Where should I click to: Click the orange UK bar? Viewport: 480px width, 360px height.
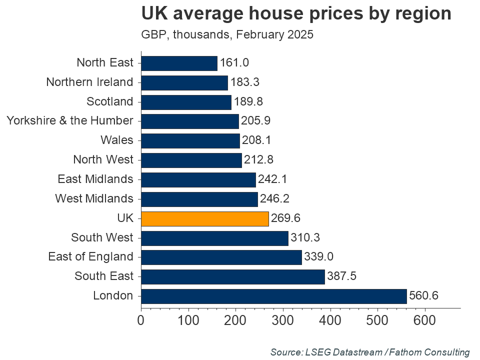click(205, 218)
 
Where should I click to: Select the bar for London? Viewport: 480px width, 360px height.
click(274, 296)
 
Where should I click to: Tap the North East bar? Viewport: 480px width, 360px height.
click(179, 63)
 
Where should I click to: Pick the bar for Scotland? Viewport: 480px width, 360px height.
click(186, 102)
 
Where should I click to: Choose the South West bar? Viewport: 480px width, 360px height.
click(214, 237)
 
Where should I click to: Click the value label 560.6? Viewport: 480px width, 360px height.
click(423, 296)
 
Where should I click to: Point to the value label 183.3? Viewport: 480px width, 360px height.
click(244, 82)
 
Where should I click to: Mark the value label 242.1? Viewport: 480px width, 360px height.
click(272, 179)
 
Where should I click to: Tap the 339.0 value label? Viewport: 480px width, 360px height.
click(318, 257)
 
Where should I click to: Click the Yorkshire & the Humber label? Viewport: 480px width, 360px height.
click(70, 121)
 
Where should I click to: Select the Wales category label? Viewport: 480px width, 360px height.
click(116, 140)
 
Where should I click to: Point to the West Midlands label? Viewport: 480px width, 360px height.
click(94, 199)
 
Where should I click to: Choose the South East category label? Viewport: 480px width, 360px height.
click(104, 276)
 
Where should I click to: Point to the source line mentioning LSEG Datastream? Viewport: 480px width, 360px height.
click(370, 352)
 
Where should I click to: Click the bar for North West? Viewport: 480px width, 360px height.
click(191, 160)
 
